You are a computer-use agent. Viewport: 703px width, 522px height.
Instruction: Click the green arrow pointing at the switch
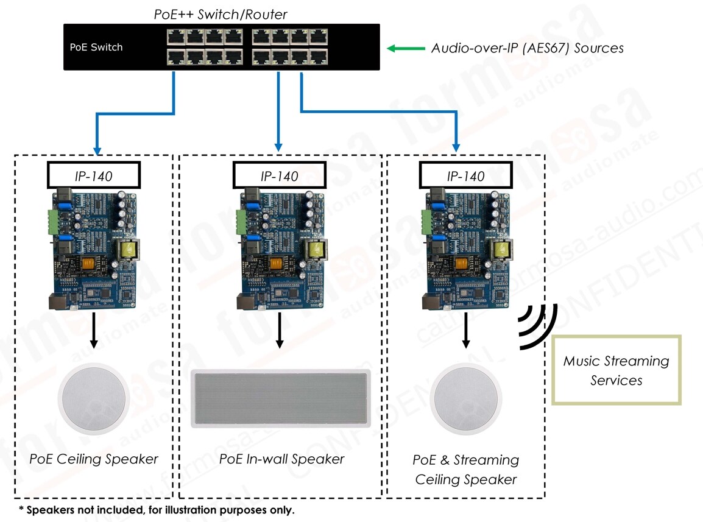click(x=406, y=48)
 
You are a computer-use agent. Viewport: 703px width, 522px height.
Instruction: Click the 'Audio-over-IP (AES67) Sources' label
click(x=527, y=48)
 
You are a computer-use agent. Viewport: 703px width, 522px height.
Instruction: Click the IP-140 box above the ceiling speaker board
click(x=93, y=176)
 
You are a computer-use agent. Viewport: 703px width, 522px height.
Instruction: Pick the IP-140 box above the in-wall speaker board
click(x=280, y=176)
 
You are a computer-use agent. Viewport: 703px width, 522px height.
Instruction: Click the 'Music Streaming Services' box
click(x=616, y=370)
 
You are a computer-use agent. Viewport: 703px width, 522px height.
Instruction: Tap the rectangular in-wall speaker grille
click(x=281, y=398)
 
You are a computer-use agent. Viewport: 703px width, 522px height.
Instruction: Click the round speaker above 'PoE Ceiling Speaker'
click(x=93, y=398)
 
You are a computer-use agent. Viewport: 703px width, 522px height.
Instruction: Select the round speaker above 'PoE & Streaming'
click(x=465, y=398)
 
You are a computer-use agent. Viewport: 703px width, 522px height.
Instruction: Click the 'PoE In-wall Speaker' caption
click(x=281, y=459)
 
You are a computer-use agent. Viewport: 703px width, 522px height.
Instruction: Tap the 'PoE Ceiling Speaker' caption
click(x=94, y=459)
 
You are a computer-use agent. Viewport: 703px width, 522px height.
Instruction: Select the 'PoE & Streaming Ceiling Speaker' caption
click(x=466, y=470)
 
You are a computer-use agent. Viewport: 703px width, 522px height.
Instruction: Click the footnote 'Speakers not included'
click(x=156, y=509)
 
